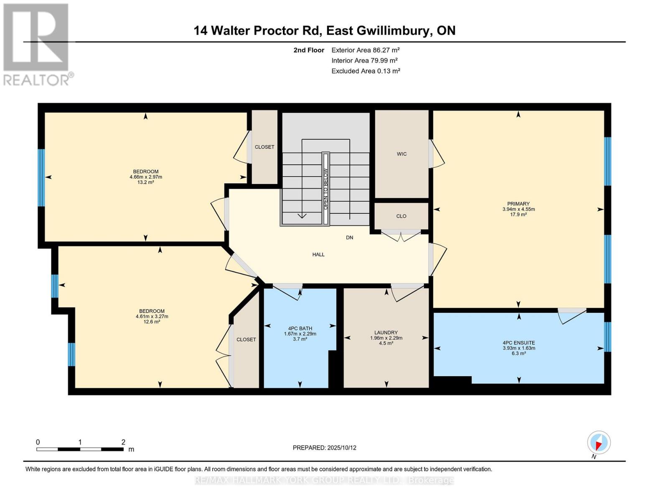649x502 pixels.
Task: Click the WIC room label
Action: (x=402, y=154)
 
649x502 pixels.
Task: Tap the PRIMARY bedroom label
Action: (x=518, y=204)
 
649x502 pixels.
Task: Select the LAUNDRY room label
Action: (x=386, y=333)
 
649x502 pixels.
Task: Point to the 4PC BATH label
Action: (x=300, y=328)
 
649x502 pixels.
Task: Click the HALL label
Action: (x=318, y=254)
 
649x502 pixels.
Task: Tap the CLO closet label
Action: (x=401, y=216)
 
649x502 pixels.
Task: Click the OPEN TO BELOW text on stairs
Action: (x=326, y=189)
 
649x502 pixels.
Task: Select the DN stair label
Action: (x=349, y=238)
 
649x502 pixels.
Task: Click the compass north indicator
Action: (x=598, y=443)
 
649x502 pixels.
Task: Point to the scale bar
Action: (x=80, y=449)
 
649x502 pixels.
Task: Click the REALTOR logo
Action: (x=37, y=44)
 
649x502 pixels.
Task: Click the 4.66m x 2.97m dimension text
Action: (x=145, y=177)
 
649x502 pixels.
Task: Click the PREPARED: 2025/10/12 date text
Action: (x=324, y=448)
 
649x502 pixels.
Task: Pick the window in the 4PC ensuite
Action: (x=607, y=337)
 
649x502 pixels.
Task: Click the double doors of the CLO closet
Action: (x=401, y=235)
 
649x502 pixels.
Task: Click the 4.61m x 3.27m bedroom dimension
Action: (x=152, y=316)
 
